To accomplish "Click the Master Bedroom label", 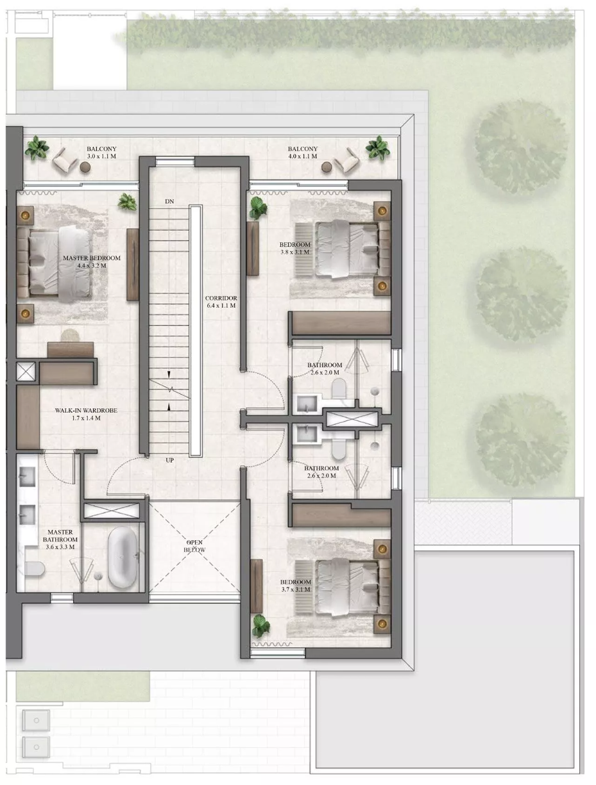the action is [x=92, y=261].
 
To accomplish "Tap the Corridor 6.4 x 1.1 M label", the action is [x=221, y=301].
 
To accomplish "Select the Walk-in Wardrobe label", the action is [x=86, y=414].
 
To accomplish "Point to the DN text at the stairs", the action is [x=169, y=201].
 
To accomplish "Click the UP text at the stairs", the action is [x=169, y=460].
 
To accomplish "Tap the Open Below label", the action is [x=195, y=546].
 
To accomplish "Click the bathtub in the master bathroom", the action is [x=123, y=557].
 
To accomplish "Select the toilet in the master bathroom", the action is [x=35, y=569].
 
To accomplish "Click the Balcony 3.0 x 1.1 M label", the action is [x=101, y=153].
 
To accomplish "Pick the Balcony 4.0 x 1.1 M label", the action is [x=303, y=153].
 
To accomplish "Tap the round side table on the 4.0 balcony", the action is [x=327, y=167].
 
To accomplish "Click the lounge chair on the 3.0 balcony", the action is [x=65, y=161].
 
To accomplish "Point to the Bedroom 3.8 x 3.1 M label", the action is [x=294, y=248].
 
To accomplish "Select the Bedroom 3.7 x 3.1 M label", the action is [x=295, y=586].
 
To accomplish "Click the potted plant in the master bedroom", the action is [x=128, y=202].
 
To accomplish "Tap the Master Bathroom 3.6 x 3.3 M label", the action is [x=60, y=540].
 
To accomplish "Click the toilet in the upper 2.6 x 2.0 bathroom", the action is [x=339, y=389].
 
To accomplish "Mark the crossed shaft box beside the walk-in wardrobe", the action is [x=26, y=371].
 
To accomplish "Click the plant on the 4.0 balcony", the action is [x=377, y=148].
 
